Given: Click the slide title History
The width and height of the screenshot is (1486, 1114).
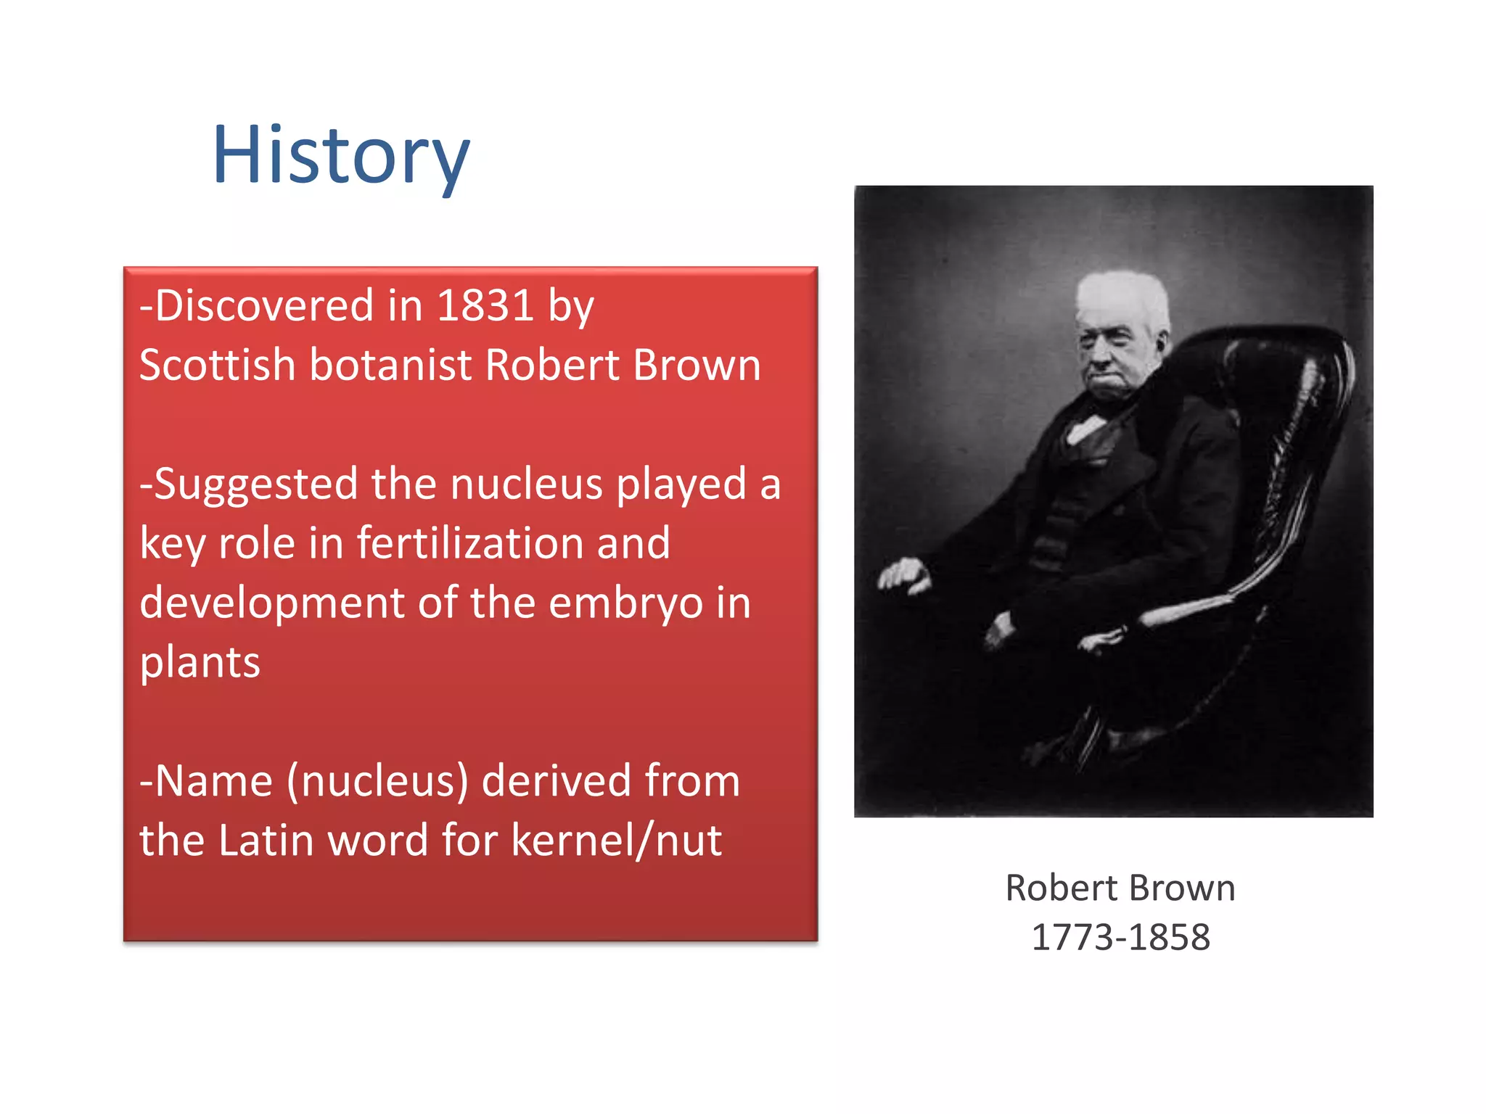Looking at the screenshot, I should (341, 156).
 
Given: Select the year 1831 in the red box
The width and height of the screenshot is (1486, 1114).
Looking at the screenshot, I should (485, 305).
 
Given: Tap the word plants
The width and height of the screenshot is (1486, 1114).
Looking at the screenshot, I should (200, 662).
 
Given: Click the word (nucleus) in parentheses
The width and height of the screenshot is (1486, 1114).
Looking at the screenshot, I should (377, 782).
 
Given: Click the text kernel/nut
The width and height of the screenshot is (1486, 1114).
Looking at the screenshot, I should (616, 841).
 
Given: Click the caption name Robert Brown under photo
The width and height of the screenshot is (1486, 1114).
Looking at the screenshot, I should (1120, 888).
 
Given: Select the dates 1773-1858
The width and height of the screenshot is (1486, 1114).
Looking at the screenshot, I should (1120, 937).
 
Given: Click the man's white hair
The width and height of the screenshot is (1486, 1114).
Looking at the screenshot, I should (1121, 294).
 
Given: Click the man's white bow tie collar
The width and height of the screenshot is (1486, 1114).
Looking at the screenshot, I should (1085, 428).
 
